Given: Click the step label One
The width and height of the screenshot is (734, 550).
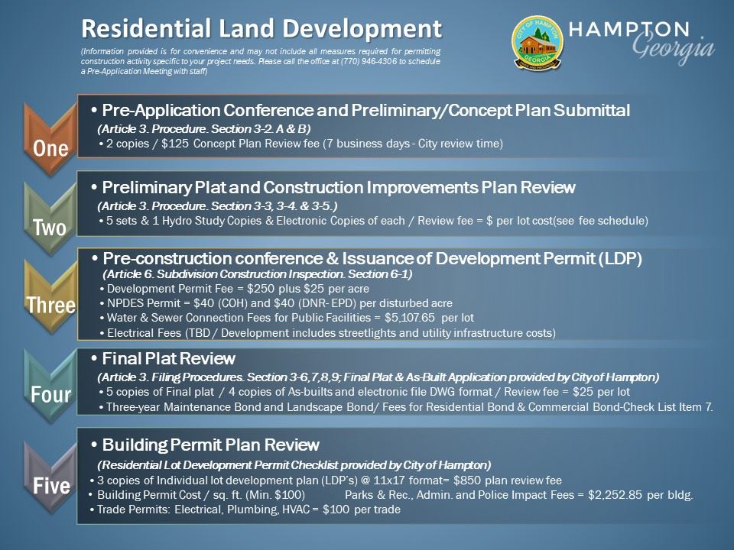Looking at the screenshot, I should click(50, 147).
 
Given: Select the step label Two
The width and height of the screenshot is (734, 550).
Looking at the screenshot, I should click(50, 227).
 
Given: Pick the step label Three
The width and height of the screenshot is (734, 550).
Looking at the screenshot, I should click(51, 306).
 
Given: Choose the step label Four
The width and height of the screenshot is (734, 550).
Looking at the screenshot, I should click(50, 395).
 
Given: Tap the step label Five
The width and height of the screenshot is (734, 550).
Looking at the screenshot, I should click(50, 486).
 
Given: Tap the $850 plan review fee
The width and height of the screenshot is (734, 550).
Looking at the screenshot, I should click(469, 480).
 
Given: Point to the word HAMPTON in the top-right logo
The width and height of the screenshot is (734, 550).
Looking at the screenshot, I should click(629, 29).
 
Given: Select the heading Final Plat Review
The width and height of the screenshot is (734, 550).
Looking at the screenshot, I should click(168, 358).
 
